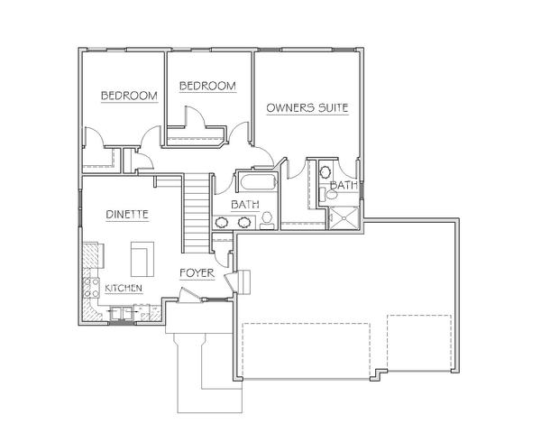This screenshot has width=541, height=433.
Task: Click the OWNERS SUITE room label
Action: click(x=307, y=107)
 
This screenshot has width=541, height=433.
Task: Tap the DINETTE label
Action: click(x=127, y=215)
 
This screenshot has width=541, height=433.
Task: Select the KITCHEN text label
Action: click(x=124, y=288)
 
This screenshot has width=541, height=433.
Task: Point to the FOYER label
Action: click(x=197, y=273)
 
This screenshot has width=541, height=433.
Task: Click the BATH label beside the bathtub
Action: click(x=245, y=205)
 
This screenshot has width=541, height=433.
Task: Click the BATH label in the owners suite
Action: click(x=344, y=185)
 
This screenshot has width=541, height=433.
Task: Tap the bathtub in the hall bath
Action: click(x=259, y=182)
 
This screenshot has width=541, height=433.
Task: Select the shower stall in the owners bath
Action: click(x=344, y=217)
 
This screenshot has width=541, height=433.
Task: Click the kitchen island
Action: click(x=142, y=259)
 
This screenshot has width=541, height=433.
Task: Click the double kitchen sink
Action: click(x=121, y=313)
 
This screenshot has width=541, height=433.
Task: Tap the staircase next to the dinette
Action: click(x=196, y=214)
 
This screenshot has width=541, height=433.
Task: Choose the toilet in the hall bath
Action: click(x=267, y=221)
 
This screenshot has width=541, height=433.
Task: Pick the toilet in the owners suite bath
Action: click(x=328, y=195)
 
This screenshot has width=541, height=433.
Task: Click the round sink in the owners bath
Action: click(x=326, y=171)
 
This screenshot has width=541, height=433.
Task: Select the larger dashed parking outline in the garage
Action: click(x=307, y=351)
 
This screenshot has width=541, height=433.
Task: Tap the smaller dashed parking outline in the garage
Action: click(x=419, y=343)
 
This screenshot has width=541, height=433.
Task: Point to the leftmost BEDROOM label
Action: click(x=129, y=96)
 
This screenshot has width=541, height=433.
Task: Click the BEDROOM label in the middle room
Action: click(x=207, y=86)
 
